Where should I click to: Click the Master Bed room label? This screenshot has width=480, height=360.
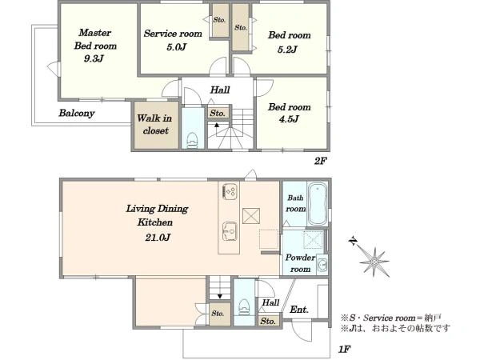[x=95, y=39]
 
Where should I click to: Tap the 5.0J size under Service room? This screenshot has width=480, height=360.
[x=177, y=47]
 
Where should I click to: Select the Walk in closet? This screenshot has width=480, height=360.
[x=155, y=125]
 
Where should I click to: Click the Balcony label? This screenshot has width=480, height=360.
[x=77, y=113]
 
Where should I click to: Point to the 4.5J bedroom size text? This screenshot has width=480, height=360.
[x=289, y=119]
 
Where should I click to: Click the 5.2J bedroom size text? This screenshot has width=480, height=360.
[x=287, y=50]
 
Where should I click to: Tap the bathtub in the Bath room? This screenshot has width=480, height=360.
[x=318, y=204]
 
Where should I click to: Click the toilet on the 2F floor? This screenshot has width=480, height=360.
[x=193, y=140]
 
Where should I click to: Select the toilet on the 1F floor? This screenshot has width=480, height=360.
[x=244, y=306]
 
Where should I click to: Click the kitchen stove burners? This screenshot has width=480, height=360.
[x=230, y=190]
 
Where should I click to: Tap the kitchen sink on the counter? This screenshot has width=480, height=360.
[x=230, y=231]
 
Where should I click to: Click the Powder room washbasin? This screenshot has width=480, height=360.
[x=322, y=264]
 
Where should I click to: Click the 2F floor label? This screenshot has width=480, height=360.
[x=320, y=161]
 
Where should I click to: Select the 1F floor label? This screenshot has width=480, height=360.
[x=344, y=350]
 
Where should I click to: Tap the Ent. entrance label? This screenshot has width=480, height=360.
[x=298, y=310]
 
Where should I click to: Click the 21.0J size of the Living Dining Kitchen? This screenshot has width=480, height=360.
[x=158, y=238]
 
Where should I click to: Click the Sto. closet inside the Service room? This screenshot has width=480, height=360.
[x=219, y=21]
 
